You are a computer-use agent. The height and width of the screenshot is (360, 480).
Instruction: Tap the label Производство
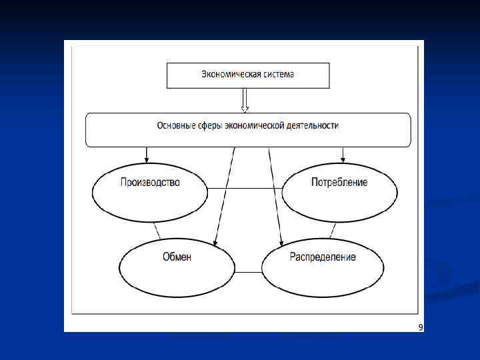150,182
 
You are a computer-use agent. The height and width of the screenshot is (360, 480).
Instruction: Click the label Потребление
339,182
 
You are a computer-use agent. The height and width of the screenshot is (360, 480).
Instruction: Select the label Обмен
177,257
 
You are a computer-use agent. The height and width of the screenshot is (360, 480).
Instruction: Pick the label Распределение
323,257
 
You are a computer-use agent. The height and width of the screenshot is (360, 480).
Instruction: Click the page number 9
420,327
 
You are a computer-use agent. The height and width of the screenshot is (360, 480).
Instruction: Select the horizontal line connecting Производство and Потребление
245,189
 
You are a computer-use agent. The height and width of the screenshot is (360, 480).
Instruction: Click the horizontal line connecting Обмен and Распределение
248,272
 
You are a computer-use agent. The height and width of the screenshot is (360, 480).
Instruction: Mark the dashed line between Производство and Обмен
157,231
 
